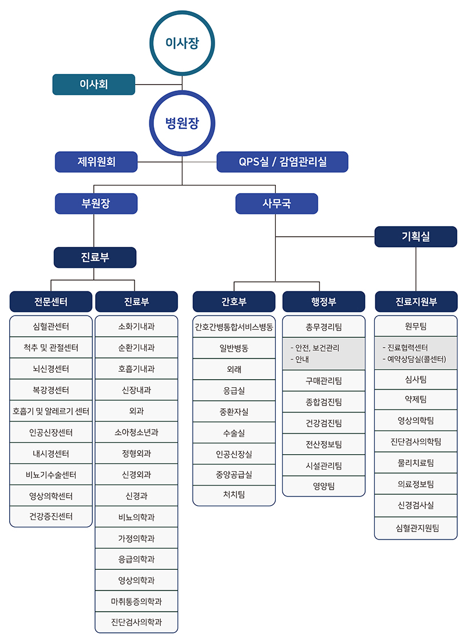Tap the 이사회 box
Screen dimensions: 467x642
point(94,84)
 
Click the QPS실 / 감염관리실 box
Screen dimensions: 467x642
point(282,162)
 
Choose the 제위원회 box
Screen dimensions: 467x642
point(96,162)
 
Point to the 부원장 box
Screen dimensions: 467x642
point(96,203)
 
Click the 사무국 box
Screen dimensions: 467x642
point(276,203)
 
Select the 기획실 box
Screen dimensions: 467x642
point(416,237)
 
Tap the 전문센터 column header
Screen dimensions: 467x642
point(51,302)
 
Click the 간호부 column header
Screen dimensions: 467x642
point(234,302)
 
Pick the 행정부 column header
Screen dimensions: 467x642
point(324,302)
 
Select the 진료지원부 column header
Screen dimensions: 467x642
point(416,302)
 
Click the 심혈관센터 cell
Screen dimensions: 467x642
point(51,326)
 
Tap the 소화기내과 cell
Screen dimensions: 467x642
point(136,326)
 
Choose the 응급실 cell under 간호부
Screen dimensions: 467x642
point(234,391)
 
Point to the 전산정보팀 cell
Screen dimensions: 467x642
point(324,444)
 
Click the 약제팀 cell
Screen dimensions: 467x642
point(416,399)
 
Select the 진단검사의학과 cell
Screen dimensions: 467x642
point(136,623)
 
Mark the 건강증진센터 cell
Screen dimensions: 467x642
point(51,517)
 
